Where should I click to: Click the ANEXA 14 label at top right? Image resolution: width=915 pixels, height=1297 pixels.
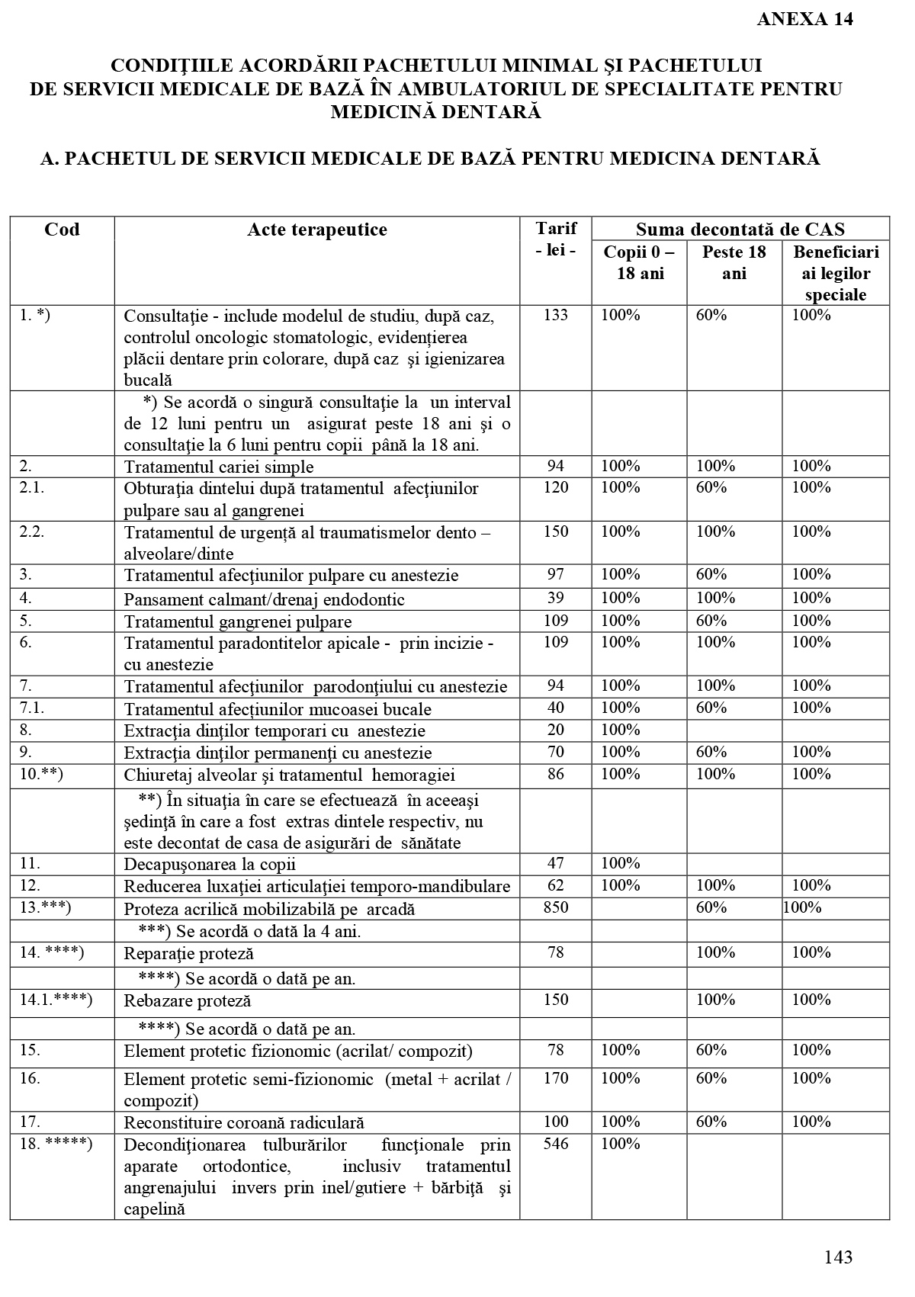click(x=804, y=20)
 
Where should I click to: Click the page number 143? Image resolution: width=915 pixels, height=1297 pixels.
click(x=838, y=1257)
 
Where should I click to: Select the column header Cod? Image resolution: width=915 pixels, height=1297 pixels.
click(x=62, y=230)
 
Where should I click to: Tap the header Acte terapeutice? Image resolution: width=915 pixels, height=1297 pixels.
click(x=316, y=230)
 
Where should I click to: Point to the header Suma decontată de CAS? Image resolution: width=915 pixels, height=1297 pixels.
click(x=740, y=230)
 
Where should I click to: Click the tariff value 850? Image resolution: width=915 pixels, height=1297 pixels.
click(x=555, y=907)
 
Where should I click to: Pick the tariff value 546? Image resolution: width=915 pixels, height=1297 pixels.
click(x=555, y=1144)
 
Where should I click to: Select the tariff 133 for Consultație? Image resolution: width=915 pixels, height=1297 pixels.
click(x=555, y=315)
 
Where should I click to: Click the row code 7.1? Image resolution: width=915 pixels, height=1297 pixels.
click(x=32, y=708)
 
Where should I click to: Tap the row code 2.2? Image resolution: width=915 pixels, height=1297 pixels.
click(x=32, y=531)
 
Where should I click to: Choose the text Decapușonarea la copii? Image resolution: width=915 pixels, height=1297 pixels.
click(x=210, y=864)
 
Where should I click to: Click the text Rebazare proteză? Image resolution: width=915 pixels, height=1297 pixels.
click(x=187, y=1000)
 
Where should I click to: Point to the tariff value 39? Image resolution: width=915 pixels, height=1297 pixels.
click(x=555, y=599)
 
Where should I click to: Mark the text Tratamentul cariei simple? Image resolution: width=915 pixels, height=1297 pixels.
click(x=219, y=467)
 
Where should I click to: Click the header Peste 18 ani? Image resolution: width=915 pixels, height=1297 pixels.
click(x=734, y=262)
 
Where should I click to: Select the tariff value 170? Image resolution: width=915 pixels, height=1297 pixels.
click(x=555, y=1078)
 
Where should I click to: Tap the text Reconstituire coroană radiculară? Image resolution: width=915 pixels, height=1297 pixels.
click(x=244, y=1122)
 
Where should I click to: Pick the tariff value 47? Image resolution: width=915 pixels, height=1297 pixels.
click(x=555, y=863)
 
